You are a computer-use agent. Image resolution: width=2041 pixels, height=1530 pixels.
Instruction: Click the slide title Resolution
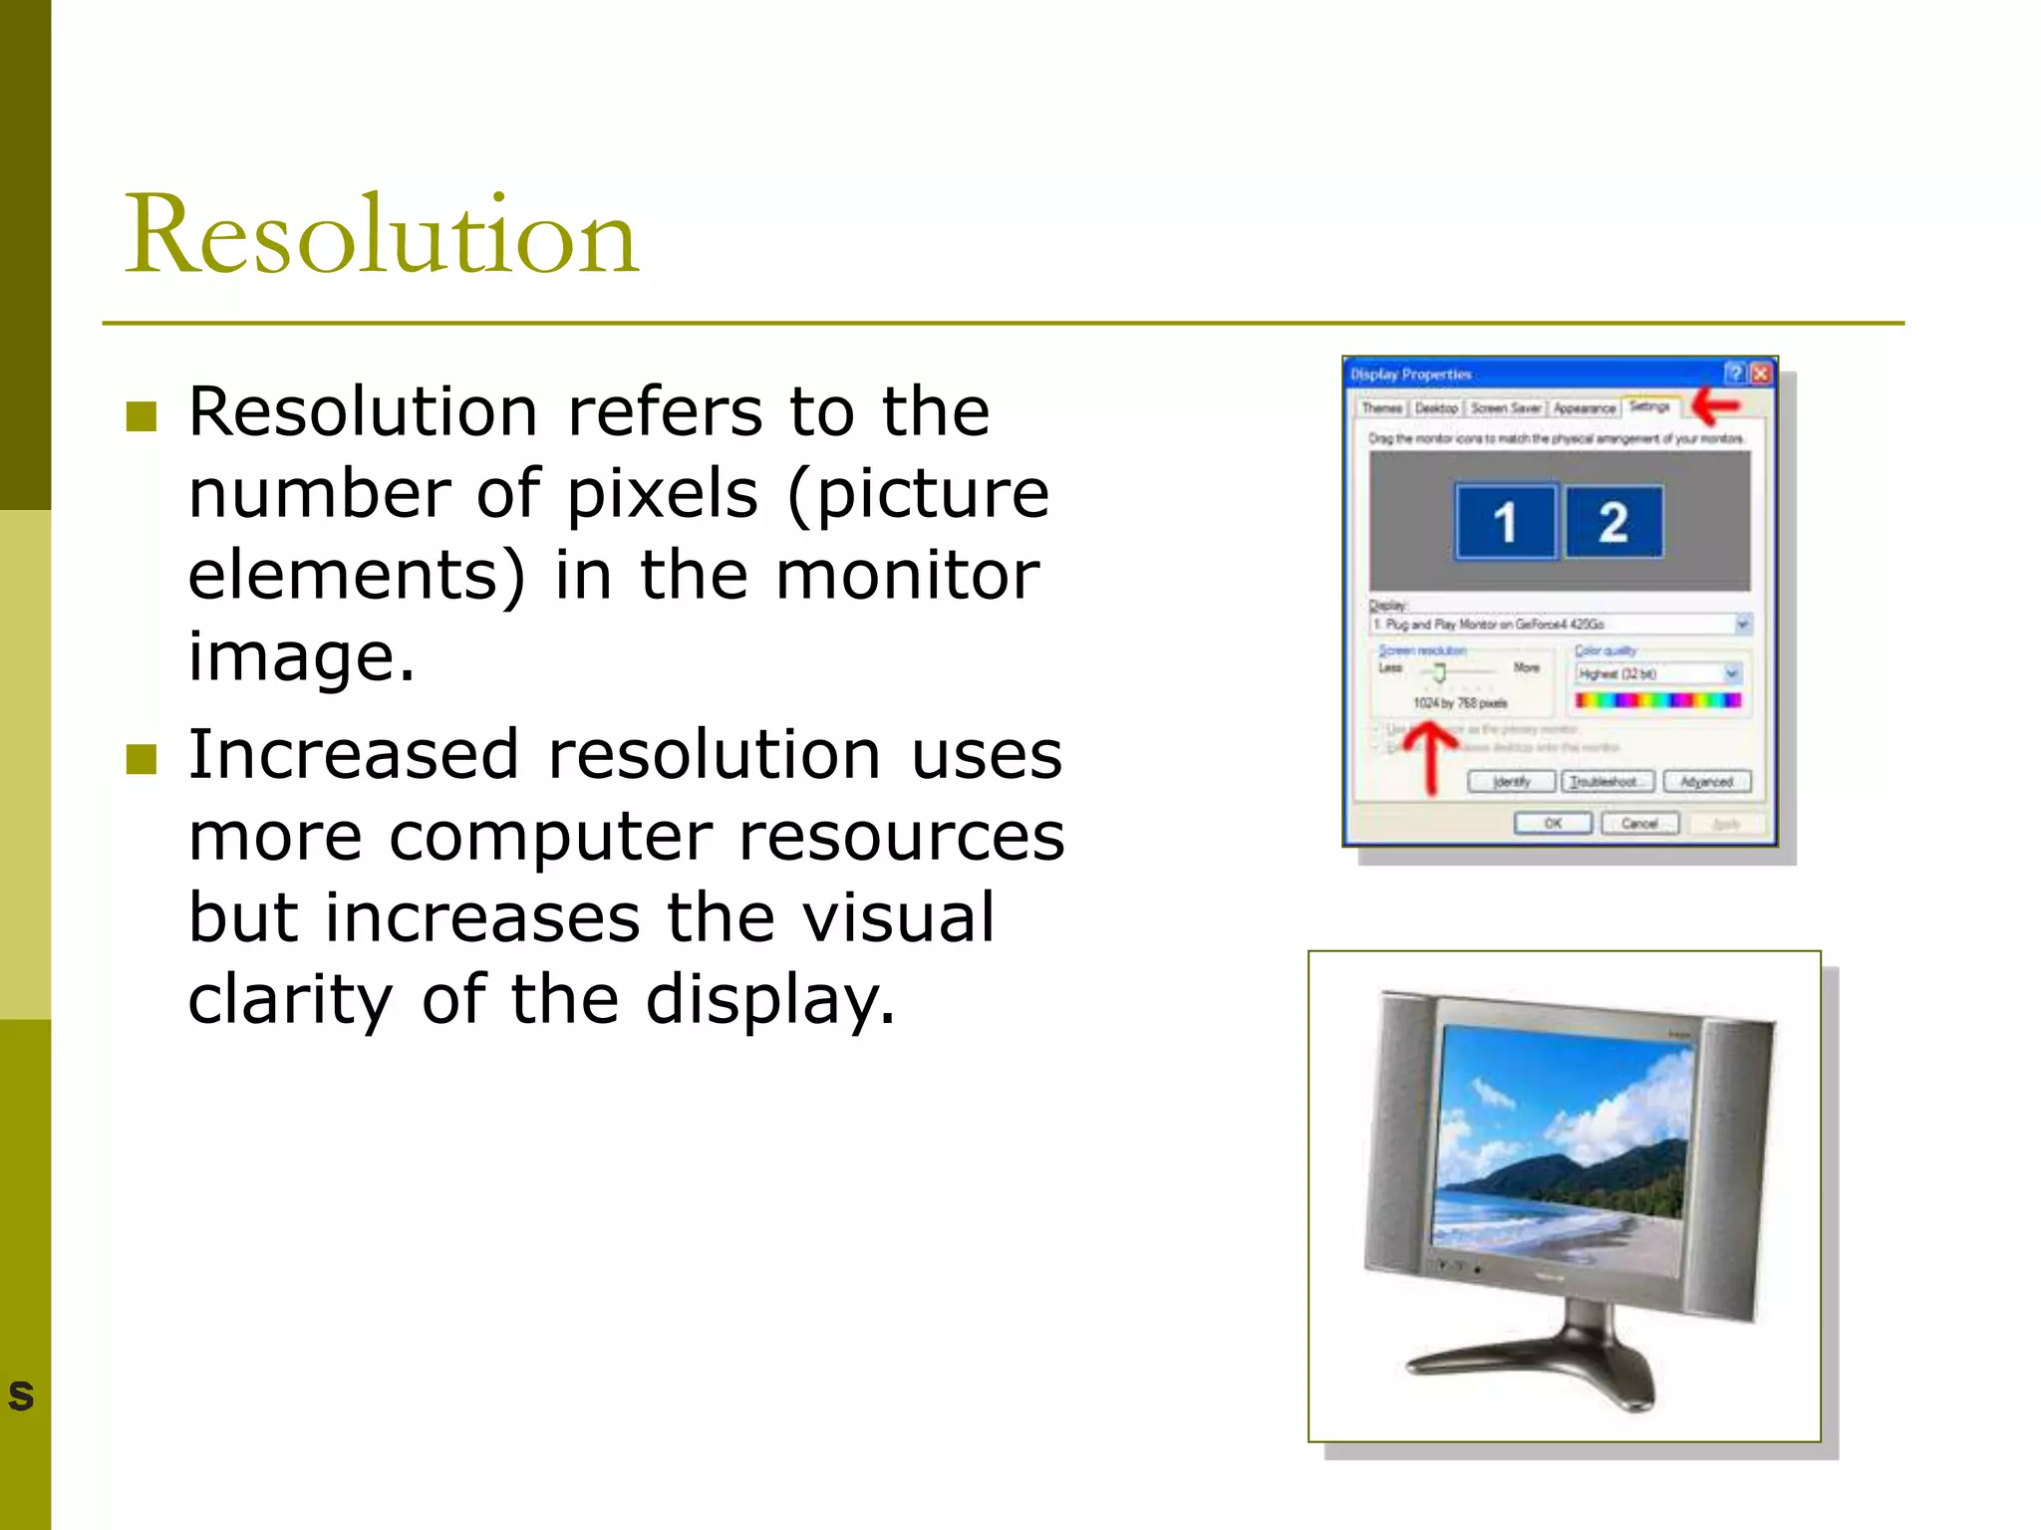click(x=381, y=235)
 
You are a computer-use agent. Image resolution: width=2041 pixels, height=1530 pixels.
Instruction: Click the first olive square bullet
click(x=142, y=415)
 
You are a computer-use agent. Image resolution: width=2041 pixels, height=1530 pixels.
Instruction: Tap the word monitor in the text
click(x=907, y=575)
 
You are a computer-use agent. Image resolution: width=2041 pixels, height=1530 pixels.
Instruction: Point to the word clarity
click(x=290, y=999)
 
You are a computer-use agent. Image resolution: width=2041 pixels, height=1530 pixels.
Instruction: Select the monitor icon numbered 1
click(x=1505, y=522)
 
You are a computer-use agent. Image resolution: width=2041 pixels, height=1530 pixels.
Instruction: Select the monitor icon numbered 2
click(x=1613, y=522)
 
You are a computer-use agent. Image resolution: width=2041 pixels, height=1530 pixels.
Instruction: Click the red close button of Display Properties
click(x=1761, y=374)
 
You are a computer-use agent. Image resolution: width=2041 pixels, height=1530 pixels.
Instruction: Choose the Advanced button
click(x=1706, y=782)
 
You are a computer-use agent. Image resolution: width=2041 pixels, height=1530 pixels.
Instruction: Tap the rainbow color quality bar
click(x=1657, y=701)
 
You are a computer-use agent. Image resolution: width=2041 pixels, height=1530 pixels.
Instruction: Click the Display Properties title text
click(x=1410, y=375)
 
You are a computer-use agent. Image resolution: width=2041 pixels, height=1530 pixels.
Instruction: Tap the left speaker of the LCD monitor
click(x=1400, y=1136)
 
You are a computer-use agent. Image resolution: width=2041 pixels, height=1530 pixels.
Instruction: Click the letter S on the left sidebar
click(x=21, y=1396)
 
